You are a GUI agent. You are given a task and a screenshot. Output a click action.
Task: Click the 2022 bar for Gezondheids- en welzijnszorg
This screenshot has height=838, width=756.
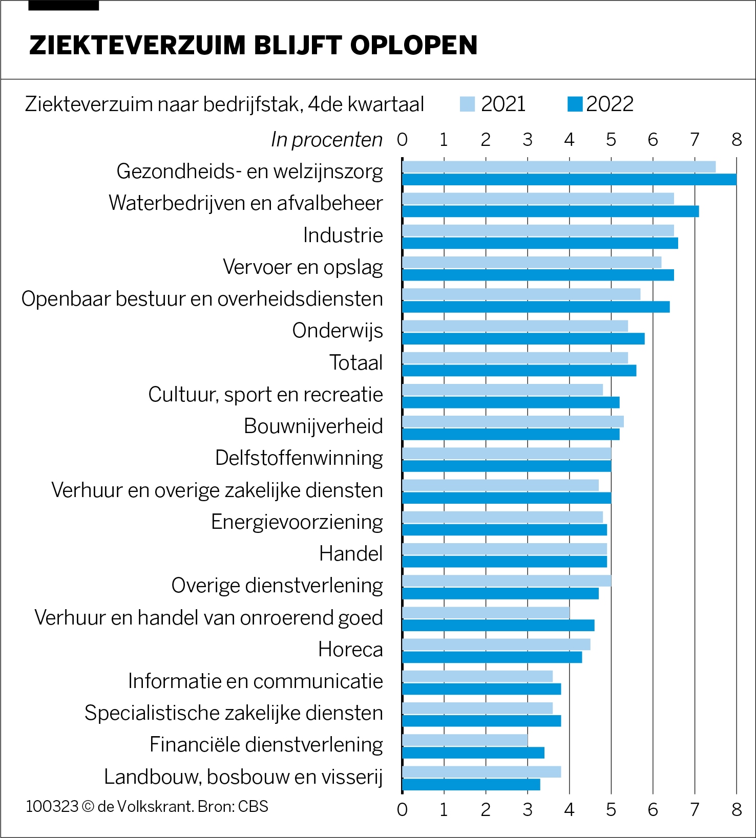pos(569,179)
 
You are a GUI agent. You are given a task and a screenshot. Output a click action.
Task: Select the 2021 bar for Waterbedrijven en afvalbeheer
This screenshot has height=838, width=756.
pos(538,199)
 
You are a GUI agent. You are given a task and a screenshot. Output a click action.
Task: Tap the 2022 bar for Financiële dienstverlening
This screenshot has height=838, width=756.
pos(473,753)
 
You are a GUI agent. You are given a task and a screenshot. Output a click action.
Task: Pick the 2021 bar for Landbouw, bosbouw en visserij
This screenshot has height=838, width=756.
pos(481,771)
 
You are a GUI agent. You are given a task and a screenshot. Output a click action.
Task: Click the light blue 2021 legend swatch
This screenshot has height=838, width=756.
pos(467,104)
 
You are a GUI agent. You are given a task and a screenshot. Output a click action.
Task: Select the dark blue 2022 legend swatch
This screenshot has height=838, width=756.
pos(575,104)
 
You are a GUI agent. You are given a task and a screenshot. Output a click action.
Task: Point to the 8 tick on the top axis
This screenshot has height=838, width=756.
pos(737,139)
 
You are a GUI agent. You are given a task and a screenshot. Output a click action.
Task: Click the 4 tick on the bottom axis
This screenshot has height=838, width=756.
pos(569,809)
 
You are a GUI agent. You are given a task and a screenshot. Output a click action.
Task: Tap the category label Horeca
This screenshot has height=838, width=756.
pos(350,649)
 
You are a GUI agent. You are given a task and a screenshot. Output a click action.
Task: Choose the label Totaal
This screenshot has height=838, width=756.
pos(356,362)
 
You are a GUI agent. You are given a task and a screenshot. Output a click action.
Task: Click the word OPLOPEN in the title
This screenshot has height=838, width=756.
pos(414,45)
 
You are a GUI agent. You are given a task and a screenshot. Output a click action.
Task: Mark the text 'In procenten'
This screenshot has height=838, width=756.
pos(327,139)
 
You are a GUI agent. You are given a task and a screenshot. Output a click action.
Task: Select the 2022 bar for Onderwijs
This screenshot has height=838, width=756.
pos(523,339)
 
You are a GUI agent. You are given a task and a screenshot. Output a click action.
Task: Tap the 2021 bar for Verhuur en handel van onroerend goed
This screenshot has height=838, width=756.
pos(486,612)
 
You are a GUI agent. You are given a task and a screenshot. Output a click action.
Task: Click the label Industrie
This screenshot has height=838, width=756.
pos(343,235)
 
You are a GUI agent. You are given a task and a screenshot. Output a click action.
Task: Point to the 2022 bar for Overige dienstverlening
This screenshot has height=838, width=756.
pos(500,593)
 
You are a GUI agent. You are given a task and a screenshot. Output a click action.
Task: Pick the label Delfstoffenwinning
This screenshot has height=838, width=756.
pos(299,458)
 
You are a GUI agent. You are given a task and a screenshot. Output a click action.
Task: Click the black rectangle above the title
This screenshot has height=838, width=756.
pos(64,5)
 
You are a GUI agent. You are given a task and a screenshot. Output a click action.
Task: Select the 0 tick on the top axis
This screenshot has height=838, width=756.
pos(402,139)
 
